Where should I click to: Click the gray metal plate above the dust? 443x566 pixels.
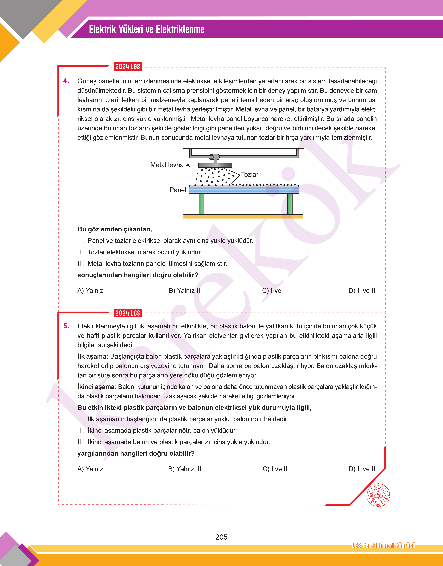click(x=215, y=165)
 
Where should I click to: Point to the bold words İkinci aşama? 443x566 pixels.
click(x=97, y=387)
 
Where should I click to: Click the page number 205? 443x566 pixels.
click(x=221, y=537)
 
